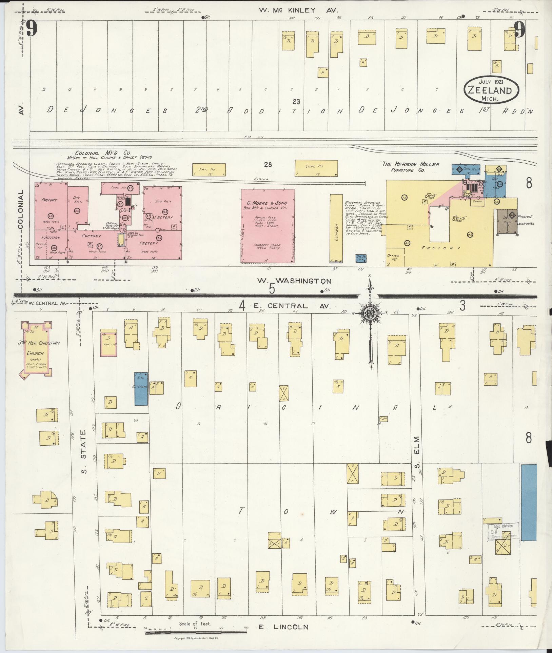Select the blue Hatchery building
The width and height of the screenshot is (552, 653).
(x=141, y=388)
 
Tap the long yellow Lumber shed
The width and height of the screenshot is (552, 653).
(x=336, y=229)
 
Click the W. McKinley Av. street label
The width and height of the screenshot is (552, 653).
(x=298, y=11)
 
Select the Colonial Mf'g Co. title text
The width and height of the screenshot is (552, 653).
(x=103, y=153)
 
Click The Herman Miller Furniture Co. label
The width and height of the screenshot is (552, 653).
(x=410, y=167)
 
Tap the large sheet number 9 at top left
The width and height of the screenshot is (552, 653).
(x=31, y=29)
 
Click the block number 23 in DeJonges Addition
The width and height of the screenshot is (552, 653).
(x=296, y=101)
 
